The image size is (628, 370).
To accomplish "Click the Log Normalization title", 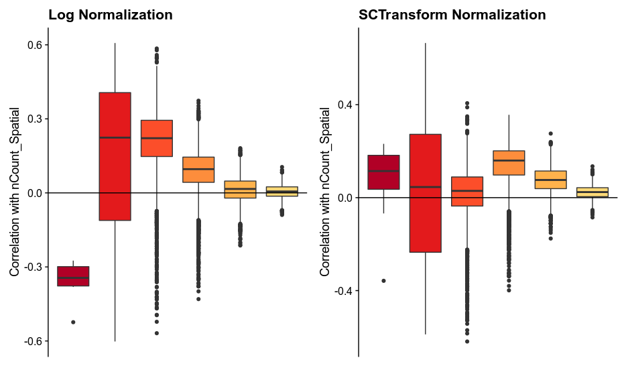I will coord(111,15).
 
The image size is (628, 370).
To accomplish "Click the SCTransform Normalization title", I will coord(452,15).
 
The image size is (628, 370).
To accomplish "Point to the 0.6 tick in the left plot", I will coord(34,45).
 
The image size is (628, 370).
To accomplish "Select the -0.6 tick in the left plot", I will coord(34,341).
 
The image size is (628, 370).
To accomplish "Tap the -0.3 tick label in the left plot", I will coord(34,267).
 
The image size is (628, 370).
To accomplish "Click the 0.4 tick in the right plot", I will coord(344,105).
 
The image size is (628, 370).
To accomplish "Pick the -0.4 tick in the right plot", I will coord(343,290).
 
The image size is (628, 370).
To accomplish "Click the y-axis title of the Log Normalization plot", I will coord(14,192).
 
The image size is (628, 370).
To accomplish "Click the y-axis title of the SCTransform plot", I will coord(325,192).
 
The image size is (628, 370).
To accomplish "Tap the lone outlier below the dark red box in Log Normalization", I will coord(73,322).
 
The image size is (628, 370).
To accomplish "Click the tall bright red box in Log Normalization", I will coord(115,156).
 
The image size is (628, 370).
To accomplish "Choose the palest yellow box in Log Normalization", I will coord(282,191).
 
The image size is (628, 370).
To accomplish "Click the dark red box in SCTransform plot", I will coord(383,172).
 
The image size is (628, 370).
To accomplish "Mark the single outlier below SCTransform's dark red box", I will coord(383,281).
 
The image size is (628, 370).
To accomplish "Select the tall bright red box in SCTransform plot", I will coord(425,193).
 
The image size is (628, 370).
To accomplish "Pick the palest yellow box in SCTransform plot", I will coord(592,192).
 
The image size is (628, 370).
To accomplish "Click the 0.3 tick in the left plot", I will coord(34,119).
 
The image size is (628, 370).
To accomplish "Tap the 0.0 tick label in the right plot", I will coord(344,198).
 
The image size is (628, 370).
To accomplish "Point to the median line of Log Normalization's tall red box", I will coord(115,137).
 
